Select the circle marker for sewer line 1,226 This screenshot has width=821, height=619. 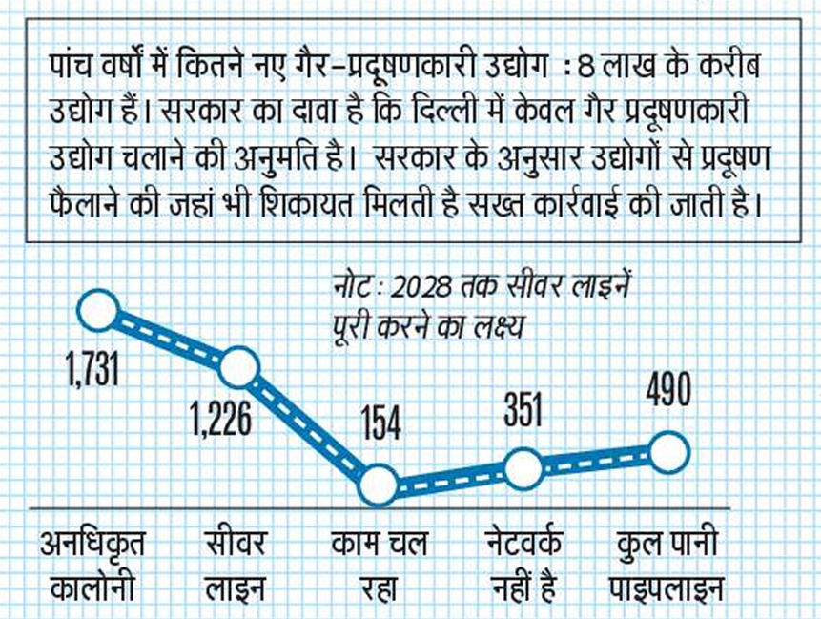click(x=238, y=366)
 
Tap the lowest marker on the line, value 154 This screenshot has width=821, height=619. click(x=379, y=485)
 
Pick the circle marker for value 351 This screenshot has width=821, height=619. click(x=523, y=468)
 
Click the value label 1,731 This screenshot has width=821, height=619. click(x=92, y=368)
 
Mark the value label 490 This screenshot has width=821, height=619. click(x=667, y=390)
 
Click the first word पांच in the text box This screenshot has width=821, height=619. click(x=73, y=70)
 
